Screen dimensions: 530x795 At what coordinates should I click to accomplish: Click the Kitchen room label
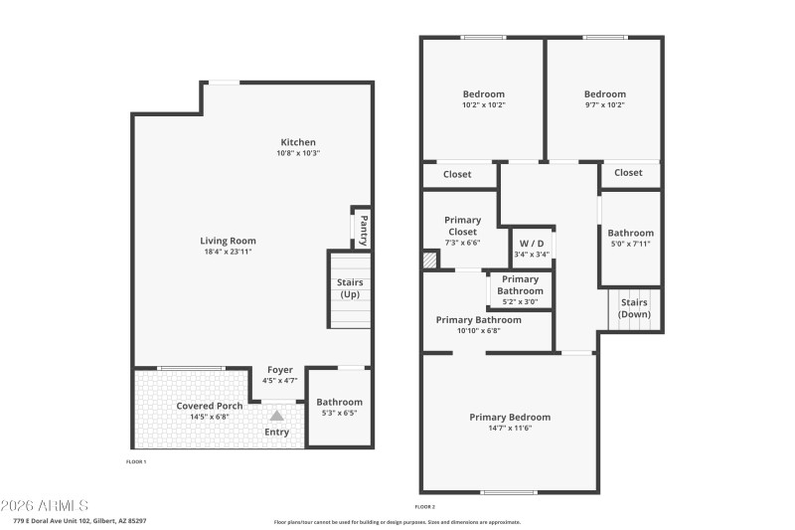pos(298,142)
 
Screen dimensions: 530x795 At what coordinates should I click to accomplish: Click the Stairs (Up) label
pos(350,288)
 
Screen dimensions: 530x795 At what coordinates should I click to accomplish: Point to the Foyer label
pos(279,370)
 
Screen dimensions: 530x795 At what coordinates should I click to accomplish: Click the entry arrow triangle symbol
pos(277,417)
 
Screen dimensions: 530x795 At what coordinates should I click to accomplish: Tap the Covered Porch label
pos(210,406)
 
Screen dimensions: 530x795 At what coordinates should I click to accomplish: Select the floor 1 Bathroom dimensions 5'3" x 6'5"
pos(340,414)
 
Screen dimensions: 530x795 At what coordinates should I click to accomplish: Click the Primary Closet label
pos(462,226)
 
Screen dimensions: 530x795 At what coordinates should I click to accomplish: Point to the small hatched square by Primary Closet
pos(429,261)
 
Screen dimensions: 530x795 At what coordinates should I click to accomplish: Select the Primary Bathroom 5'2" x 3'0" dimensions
pos(521,302)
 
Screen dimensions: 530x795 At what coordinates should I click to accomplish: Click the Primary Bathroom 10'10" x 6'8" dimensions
pos(478,331)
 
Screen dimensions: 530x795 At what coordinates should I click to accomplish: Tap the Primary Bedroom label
pos(510,417)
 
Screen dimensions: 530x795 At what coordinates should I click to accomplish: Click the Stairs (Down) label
pos(634,308)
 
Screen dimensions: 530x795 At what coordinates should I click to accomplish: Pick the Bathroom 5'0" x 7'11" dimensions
pos(630,244)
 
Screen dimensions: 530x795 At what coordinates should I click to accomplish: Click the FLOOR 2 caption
pos(425,507)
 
